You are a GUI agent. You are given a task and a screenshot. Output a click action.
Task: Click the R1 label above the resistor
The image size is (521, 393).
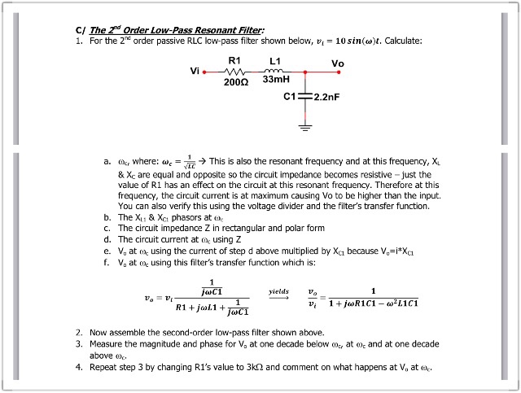click(x=234, y=60)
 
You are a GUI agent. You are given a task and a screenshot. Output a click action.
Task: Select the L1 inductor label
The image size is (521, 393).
click(x=274, y=60)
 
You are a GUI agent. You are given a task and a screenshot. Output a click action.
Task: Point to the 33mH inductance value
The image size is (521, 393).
click(x=276, y=80)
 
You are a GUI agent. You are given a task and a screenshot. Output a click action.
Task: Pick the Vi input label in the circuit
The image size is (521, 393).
click(x=194, y=70)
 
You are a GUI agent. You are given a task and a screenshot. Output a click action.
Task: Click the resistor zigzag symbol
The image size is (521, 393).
click(x=234, y=71)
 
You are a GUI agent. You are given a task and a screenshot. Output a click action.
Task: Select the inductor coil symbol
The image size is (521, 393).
click(x=274, y=71)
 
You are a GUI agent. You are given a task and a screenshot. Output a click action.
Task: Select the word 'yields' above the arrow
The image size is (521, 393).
click(x=278, y=289)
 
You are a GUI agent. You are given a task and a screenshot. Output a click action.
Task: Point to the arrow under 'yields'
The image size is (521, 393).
click(x=278, y=297)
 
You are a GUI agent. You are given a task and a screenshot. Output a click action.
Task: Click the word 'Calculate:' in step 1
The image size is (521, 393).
click(x=401, y=41)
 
